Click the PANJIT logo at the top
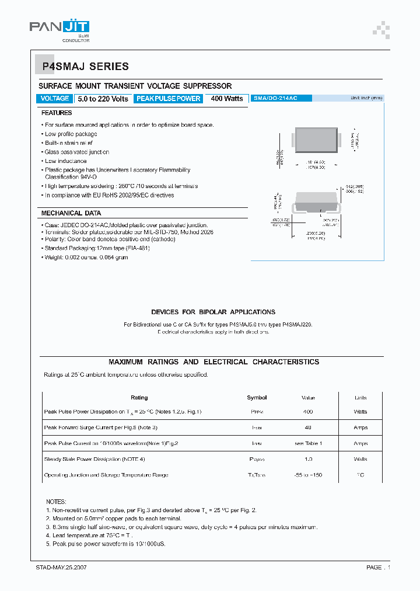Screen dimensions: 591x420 click(60, 29)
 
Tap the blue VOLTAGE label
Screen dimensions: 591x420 click(55, 99)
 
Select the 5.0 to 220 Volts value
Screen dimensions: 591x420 click(103, 99)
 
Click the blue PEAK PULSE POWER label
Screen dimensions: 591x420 click(168, 99)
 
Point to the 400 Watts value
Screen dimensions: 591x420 click(227, 99)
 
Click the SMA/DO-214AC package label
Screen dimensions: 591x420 click(275, 99)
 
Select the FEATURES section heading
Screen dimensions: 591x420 click(57, 113)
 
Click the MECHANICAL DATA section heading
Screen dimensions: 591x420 click(71, 213)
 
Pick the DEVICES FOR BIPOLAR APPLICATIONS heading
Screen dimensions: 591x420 click(213, 312)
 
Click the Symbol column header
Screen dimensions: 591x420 click(257, 398)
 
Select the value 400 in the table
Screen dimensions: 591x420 click(308, 412)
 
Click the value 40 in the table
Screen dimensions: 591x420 click(308, 428)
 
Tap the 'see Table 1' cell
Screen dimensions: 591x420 click(308, 444)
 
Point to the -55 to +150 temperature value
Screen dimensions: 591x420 click(308, 475)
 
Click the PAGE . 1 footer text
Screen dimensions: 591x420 click(378, 568)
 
